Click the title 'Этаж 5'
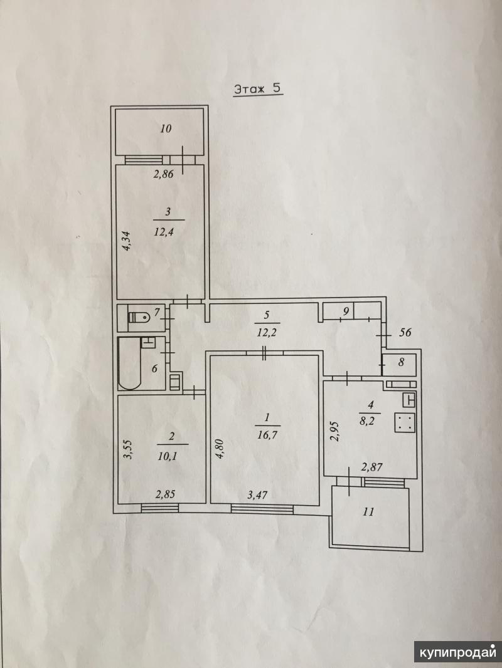pos(258,89)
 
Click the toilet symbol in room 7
pos(139,317)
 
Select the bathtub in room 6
pos(129,363)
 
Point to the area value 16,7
pos(267,435)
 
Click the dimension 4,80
pos(219,448)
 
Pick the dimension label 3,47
pos(258,495)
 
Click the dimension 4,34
pos(127,241)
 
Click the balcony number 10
pos(166,128)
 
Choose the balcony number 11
pos(368,511)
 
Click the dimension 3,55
pos(128,450)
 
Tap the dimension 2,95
pos(334,431)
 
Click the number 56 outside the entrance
pos(405,332)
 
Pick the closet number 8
pos(401,363)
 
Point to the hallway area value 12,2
pos(267,331)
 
